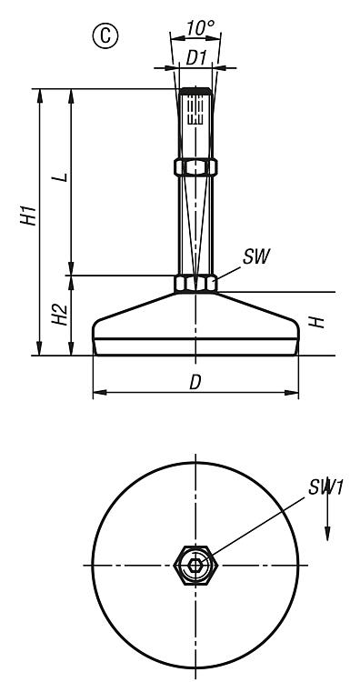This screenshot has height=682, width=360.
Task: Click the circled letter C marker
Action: click(x=105, y=36)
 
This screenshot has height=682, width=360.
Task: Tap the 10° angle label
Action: click(x=200, y=29)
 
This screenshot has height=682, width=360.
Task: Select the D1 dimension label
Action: click(x=195, y=58)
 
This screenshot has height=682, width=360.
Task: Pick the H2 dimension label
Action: click(x=60, y=315)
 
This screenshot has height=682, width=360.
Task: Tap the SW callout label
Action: click(x=256, y=257)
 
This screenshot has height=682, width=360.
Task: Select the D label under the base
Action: click(x=195, y=382)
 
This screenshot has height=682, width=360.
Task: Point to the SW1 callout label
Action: click(x=326, y=487)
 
